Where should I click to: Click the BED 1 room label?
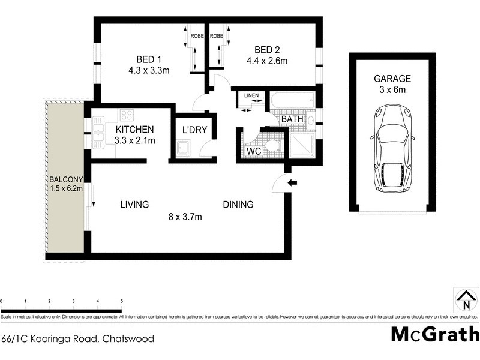(x=149, y=59)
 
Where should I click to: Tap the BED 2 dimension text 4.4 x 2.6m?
(x=268, y=60)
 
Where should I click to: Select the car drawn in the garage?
(x=393, y=150)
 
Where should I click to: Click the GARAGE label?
(x=392, y=79)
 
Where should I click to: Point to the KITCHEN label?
(x=135, y=130)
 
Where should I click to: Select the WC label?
(x=254, y=151)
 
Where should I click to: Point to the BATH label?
(x=293, y=119)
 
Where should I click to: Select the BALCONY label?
(x=62, y=179)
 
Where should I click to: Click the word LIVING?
(x=134, y=205)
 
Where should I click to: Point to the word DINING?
(x=238, y=205)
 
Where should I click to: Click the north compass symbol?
(x=463, y=301)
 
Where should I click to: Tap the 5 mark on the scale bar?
(x=122, y=301)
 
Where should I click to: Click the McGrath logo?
(x=435, y=334)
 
